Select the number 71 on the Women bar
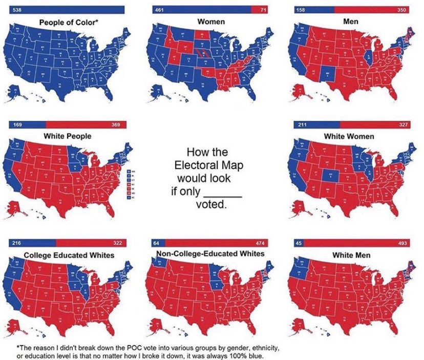[264, 10]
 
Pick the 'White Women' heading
[349, 137]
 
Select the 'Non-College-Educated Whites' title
[210, 253]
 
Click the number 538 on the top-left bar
[16, 10]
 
